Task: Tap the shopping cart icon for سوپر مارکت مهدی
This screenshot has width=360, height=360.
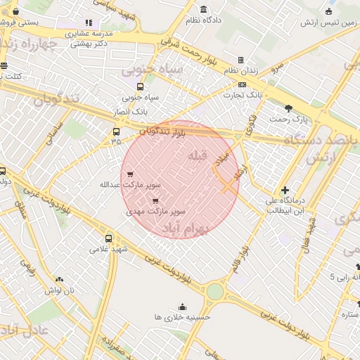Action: pyautogui.click(x=155, y=200)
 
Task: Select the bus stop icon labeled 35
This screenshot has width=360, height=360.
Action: pyautogui.click(x=116, y=131)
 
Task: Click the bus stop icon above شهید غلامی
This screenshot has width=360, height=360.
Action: pyautogui.click(x=108, y=238)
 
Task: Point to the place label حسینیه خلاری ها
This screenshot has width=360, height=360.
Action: pyautogui.click(x=183, y=317)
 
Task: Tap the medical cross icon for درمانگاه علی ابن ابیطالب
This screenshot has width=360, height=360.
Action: pyautogui.click(x=285, y=190)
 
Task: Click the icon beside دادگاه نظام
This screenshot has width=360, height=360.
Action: pyautogui.click(x=204, y=10)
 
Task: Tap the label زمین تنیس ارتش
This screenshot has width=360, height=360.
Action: pyautogui.click(x=329, y=22)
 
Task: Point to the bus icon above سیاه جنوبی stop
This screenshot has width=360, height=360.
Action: pyautogui.click(x=139, y=87)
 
